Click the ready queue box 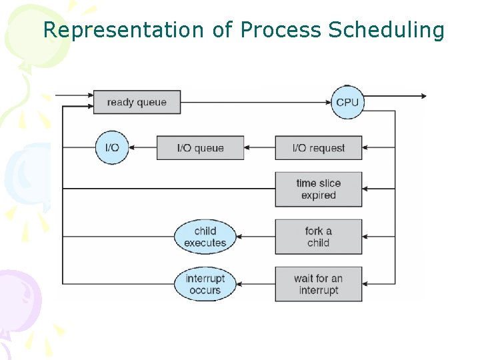pos(136,102)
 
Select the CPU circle pos(347,102)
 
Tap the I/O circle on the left pos(112,147)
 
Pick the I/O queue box pos(200,147)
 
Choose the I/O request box pos(318,147)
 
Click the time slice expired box pos(318,189)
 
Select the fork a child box pos(318,237)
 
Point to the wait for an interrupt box pos(318,284)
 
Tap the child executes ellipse pos(205,237)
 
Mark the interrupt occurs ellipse pos(205,284)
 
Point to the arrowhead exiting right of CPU pos(421,96)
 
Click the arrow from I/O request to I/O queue pos(259,147)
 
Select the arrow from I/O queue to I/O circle pos(142,147)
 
